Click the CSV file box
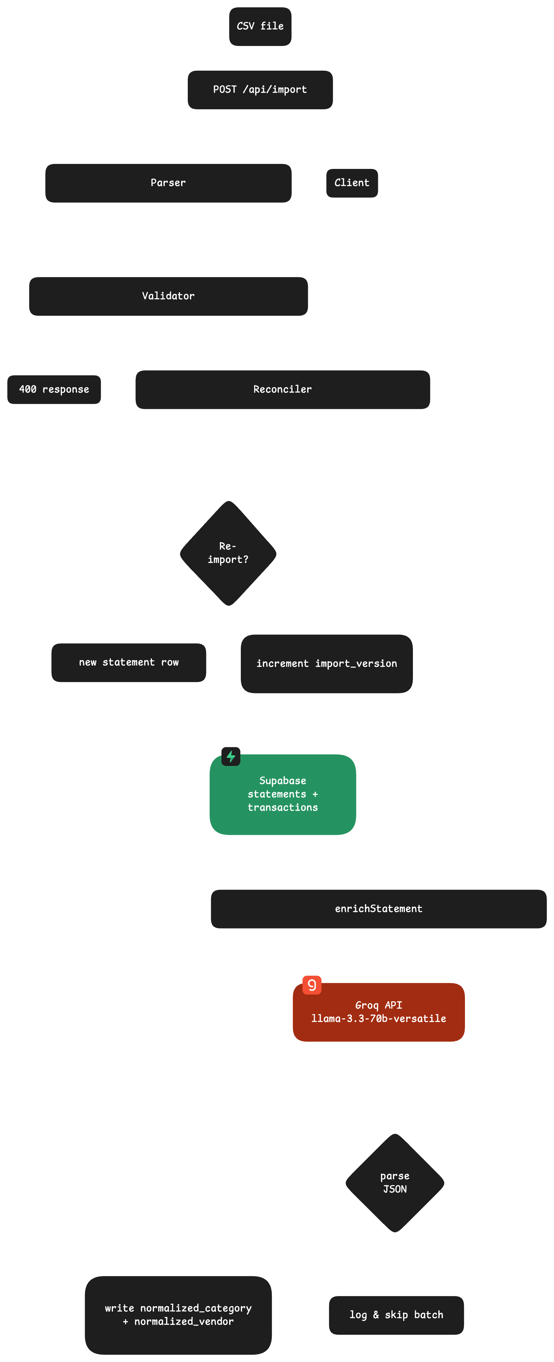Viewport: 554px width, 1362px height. point(260,26)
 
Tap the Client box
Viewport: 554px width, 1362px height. point(352,183)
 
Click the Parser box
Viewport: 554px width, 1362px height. point(168,183)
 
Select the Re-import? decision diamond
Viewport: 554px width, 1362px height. point(228,553)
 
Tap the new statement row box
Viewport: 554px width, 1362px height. point(129,662)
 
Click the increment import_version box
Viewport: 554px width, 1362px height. point(327,664)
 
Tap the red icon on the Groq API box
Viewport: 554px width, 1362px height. point(312,985)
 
